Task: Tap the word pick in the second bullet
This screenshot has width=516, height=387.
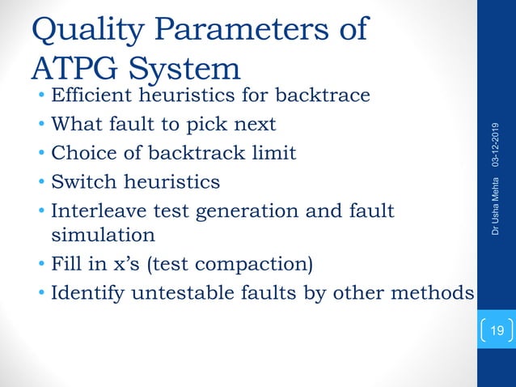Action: (x=215, y=125)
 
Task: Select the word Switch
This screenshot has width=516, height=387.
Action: (x=84, y=182)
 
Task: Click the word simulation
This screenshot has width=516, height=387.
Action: (x=103, y=235)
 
